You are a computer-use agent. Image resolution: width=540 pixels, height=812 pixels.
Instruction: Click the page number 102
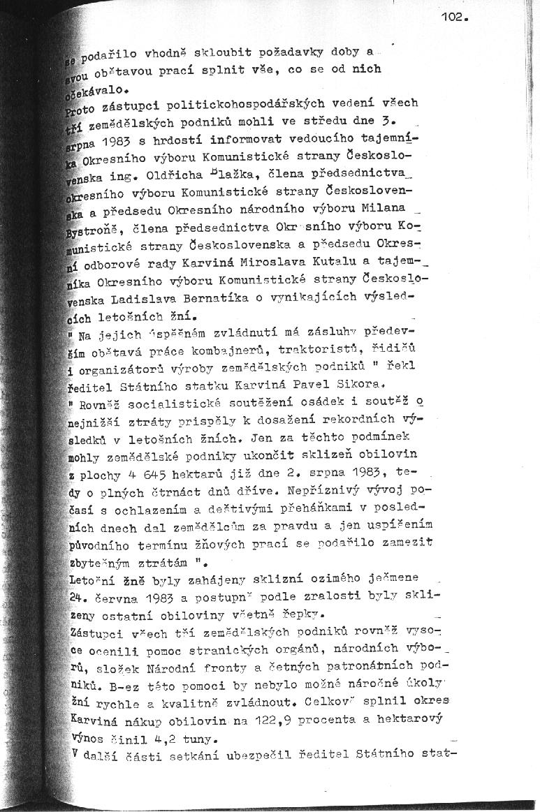(455, 18)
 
